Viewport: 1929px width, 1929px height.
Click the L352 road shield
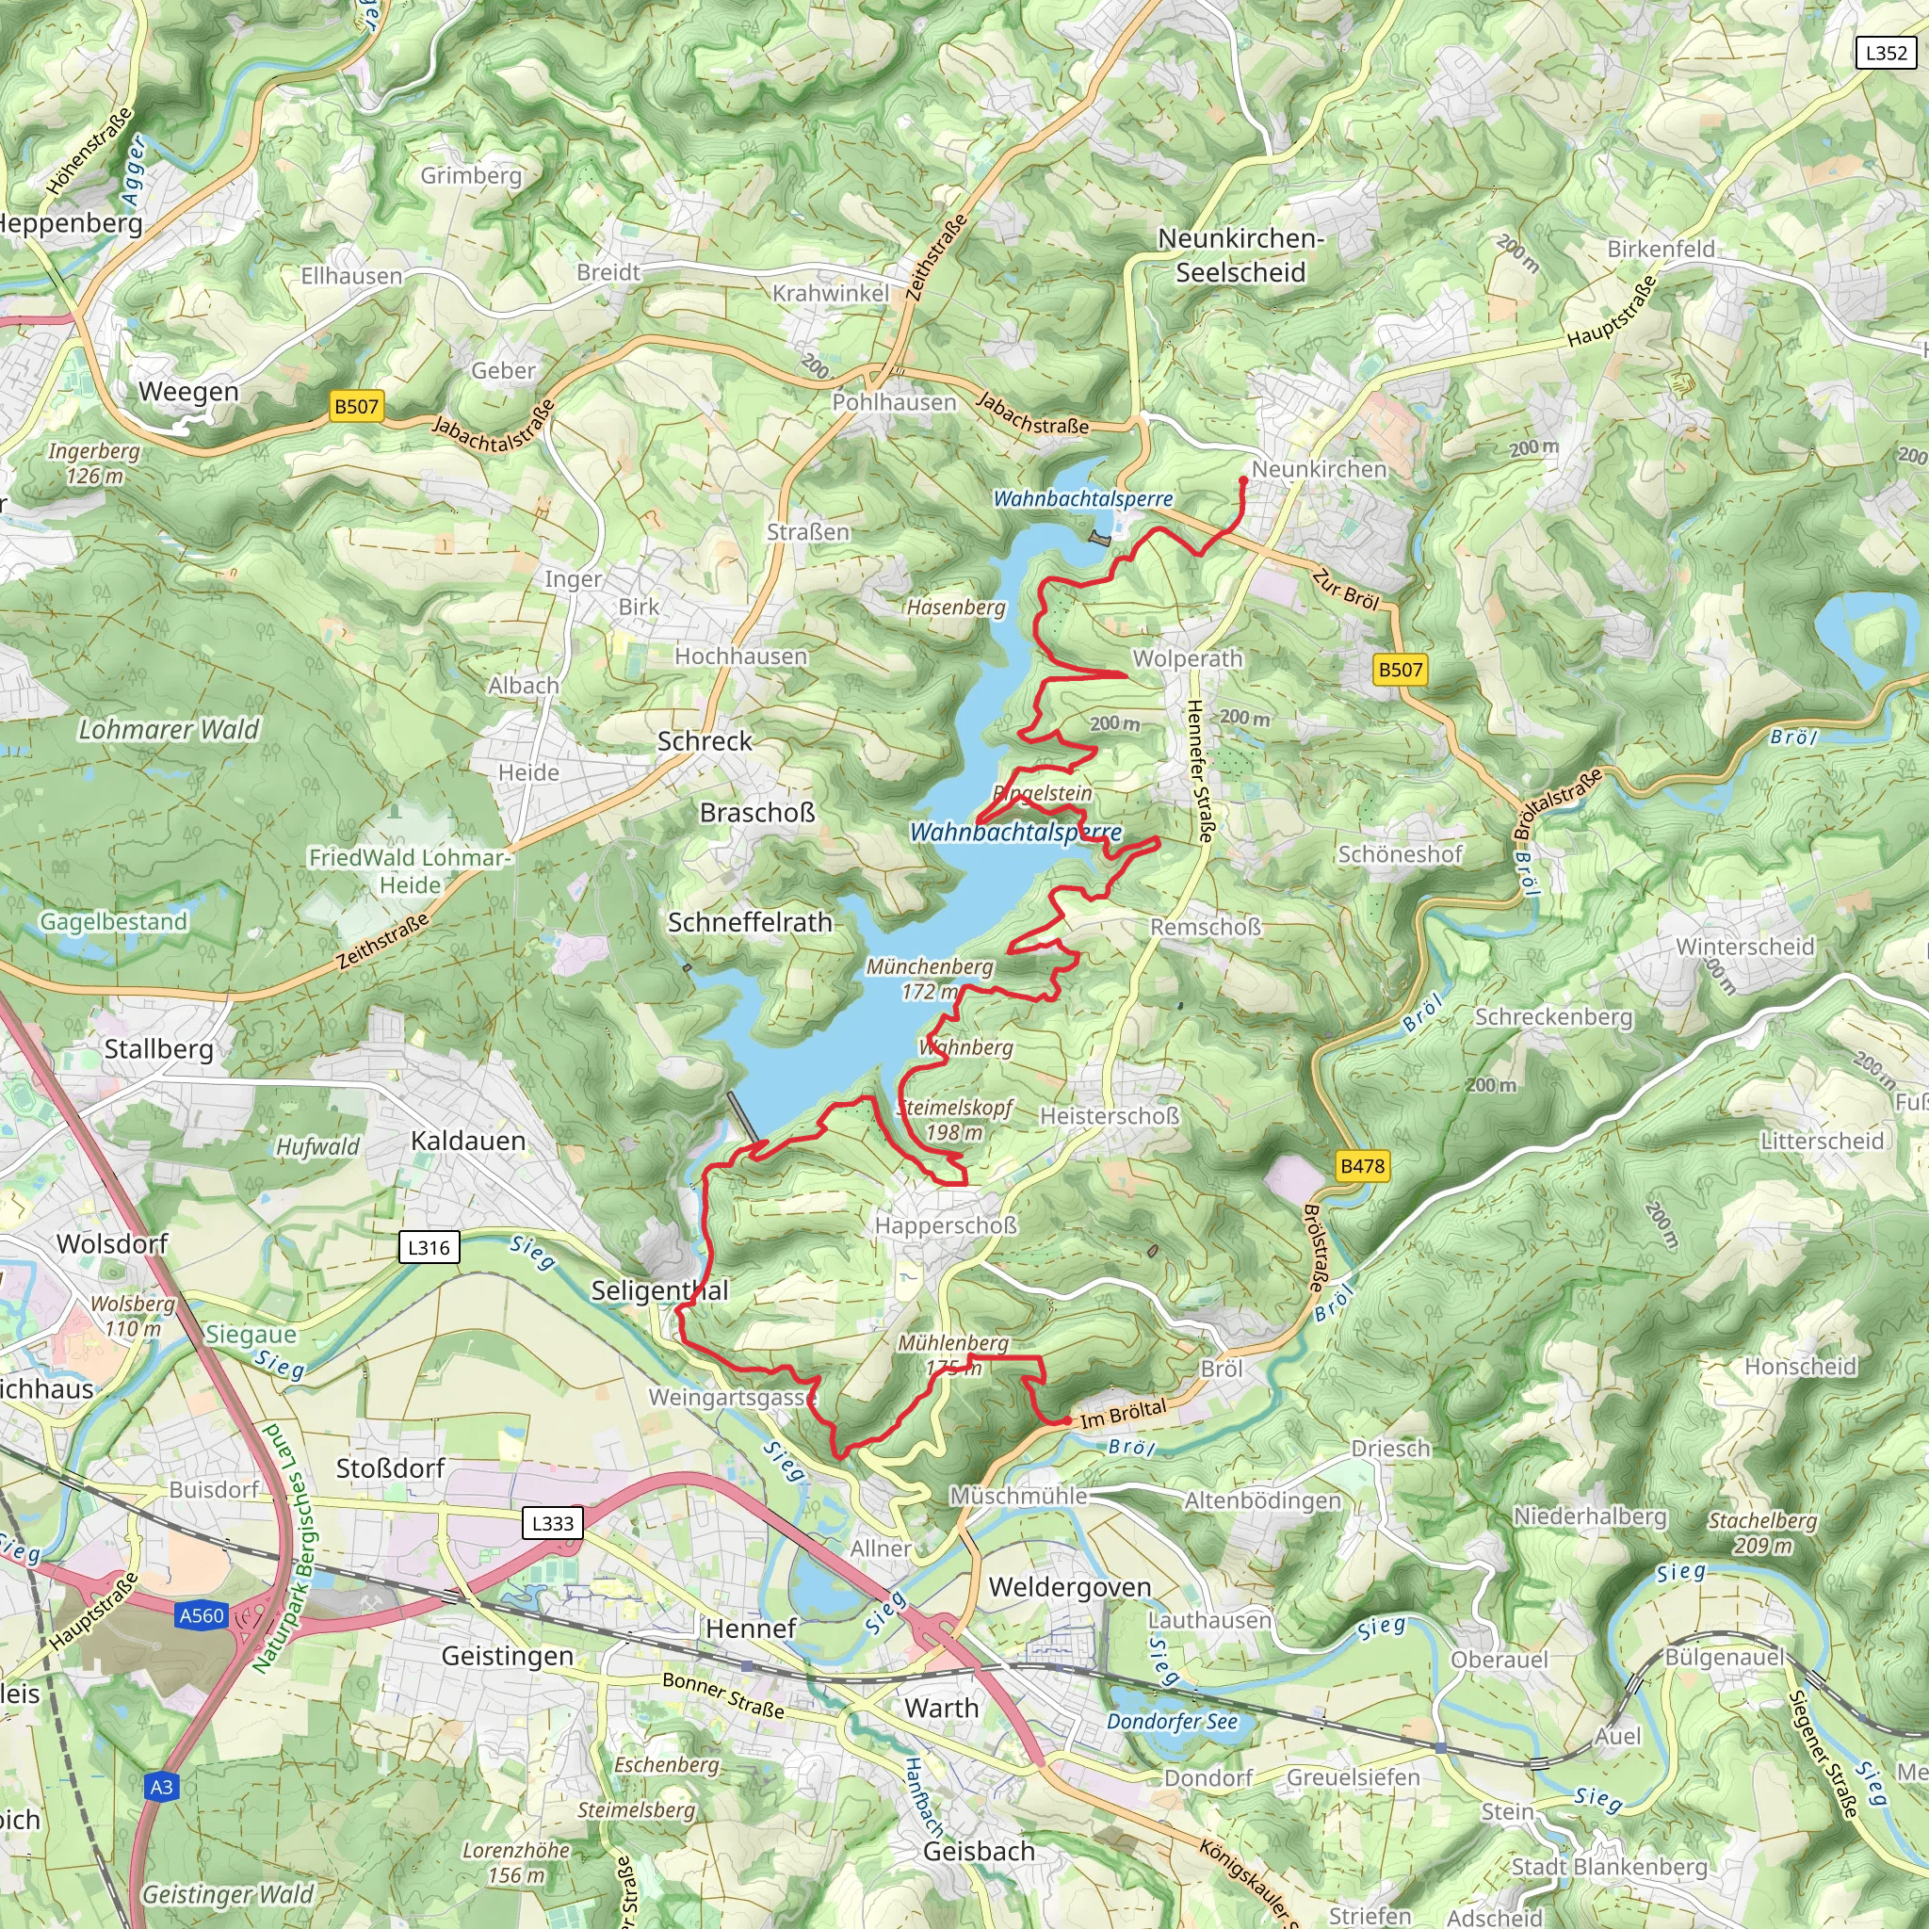coord(1885,53)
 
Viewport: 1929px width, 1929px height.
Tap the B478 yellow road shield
coord(1362,1165)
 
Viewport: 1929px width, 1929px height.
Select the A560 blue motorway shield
coord(202,1615)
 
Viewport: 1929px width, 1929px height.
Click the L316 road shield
coord(429,1247)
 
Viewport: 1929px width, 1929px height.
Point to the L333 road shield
coord(552,1523)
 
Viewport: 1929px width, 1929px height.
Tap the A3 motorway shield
coord(162,1787)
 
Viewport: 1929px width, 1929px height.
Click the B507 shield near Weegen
coord(356,406)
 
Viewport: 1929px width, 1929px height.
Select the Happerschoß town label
coord(946,1225)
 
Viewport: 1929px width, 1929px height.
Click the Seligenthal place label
coord(659,1290)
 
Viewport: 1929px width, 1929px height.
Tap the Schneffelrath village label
coord(750,922)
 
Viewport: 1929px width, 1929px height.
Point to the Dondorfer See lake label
coord(1171,1722)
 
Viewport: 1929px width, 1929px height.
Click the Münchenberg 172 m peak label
coord(929,979)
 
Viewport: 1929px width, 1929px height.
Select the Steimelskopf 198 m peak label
coord(954,1119)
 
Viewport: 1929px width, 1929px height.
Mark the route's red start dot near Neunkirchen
coord(1243,480)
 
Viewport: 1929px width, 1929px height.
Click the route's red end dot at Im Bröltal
coord(1067,1420)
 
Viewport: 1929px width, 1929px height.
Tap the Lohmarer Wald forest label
coord(169,730)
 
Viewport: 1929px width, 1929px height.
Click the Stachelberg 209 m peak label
coord(1762,1532)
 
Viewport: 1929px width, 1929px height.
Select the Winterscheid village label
coord(1744,947)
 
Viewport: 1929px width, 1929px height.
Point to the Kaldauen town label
coord(468,1141)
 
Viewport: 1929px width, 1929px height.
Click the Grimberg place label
coord(471,176)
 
